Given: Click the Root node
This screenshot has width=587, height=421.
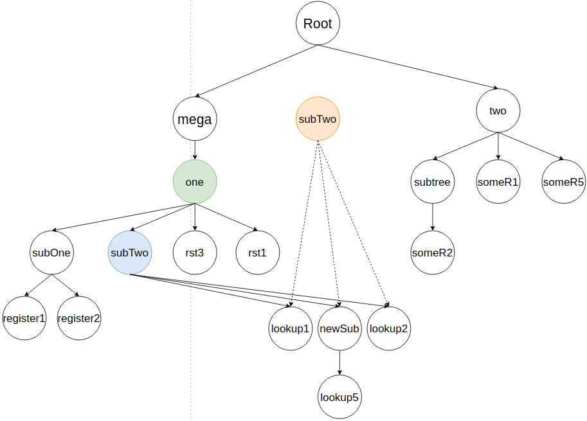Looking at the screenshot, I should [318, 24].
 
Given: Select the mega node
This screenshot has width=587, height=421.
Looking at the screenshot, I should [194, 119].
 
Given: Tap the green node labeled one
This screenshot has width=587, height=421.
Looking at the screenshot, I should [194, 182].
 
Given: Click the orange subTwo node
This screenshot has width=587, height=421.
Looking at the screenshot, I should [318, 119].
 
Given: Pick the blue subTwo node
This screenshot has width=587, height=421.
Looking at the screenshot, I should [129, 253].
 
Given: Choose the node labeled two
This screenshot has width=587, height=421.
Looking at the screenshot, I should [498, 111].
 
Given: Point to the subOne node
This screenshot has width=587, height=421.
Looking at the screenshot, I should [51, 253].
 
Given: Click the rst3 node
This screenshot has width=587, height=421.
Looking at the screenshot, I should [194, 253].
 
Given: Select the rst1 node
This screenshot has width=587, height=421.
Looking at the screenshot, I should [257, 253].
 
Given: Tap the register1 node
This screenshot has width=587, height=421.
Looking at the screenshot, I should [24, 318].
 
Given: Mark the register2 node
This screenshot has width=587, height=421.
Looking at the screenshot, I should [79, 318].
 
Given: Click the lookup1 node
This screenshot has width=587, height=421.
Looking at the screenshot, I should [290, 328].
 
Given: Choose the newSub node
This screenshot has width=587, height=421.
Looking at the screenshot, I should [339, 328].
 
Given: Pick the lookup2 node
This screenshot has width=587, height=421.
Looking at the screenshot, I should [388, 328].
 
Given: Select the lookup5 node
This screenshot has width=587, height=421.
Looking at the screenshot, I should [339, 397].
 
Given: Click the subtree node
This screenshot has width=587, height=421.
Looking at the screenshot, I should [432, 182].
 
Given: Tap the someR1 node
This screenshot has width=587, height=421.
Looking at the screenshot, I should [498, 182].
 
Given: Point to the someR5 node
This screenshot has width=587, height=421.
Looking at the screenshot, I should [564, 182].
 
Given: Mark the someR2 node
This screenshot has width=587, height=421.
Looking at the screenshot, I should [432, 253].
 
